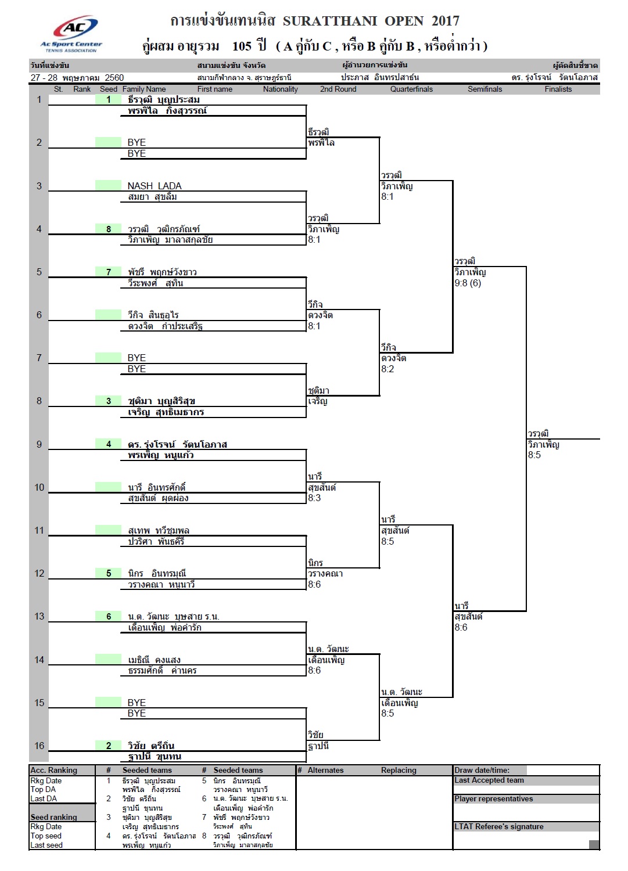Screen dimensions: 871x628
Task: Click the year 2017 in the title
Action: pyautogui.click(x=445, y=21)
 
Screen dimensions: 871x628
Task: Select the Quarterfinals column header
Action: pyautogui.click(x=411, y=89)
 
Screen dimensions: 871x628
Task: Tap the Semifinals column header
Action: pyautogui.click(x=485, y=89)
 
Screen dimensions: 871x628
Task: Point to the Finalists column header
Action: pyautogui.click(x=558, y=89)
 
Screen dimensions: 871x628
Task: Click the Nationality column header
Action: pyautogui.click(x=280, y=89)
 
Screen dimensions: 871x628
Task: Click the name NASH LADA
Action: pyautogui.click(x=155, y=186)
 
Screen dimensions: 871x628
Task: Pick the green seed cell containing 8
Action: pyautogui.click(x=108, y=229)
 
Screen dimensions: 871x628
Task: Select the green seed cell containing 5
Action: pyautogui.click(x=108, y=573)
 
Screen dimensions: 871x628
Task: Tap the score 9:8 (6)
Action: pyautogui.click(x=468, y=283)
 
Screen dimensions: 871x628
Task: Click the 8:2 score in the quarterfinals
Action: pyautogui.click(x=387, y=369)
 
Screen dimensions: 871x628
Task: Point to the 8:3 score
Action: pyautogui.click(x=314, y=498)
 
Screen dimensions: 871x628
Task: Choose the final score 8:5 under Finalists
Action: pyautogui.click(x=534, y=455)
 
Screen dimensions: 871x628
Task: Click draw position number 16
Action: pyautogui.click(x=39, y=746)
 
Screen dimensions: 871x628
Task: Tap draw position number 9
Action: pyautogui.click(x=39, y=444)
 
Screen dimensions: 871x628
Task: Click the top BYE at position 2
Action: pyautogui.click(x=137, y=142)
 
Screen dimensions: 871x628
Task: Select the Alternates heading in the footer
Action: pyautogui.click(x=325, y=771)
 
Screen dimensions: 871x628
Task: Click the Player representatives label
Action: pyautogui.click(x=493, y=799)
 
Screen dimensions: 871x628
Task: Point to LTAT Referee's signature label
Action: pyautogui.click(x=498, y=827)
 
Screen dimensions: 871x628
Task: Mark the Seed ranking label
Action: pyautogui.click(x=53, y=818)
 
